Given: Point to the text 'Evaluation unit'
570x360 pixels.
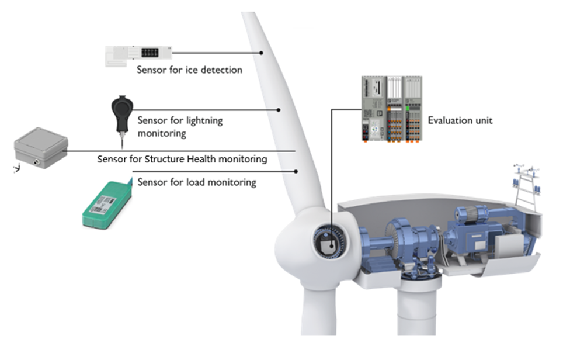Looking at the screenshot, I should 460,121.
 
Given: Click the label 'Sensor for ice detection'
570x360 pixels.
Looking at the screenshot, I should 189,70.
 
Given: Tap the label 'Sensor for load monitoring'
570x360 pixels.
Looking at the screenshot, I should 197,182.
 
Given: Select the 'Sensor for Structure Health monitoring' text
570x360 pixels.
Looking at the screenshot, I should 182,159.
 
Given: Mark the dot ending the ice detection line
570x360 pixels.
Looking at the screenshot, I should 262,53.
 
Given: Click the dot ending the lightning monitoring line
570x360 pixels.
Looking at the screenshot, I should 279,109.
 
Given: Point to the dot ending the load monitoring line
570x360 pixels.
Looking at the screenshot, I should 297,172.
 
